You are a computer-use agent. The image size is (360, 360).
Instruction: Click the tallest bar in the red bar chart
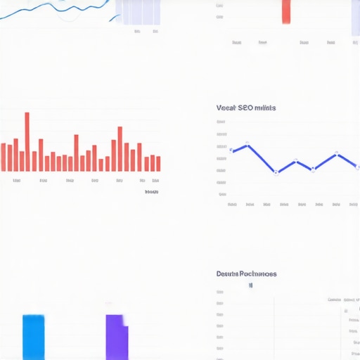[27, 142]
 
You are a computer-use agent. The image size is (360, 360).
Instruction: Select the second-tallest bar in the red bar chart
[120, 149]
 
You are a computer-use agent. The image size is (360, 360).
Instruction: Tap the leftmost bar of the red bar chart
[4, 157]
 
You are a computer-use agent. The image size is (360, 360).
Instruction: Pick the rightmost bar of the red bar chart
[158, 163]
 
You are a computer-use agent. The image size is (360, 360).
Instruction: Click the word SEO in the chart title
[245, 108]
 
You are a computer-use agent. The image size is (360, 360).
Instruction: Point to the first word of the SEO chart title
[226, 108]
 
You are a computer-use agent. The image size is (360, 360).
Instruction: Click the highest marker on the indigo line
[247, 146]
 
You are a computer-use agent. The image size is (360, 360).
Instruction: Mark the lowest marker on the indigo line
[276, 172]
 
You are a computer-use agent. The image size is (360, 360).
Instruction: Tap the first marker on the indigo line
[231, 150]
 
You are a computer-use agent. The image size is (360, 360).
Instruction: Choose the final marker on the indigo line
[358, 167]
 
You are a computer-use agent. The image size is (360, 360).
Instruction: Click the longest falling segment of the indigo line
[262, 159]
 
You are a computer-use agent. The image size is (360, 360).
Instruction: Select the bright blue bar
[33, 337]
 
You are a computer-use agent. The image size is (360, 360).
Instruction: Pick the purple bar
[116, 337]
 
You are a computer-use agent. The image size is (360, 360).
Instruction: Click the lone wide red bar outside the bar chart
[286, 12]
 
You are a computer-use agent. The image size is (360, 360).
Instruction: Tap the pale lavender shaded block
[138, 12]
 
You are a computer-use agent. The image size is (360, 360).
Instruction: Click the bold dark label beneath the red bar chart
[151, 192]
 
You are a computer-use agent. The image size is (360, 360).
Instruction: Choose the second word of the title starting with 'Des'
[257, 274]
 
